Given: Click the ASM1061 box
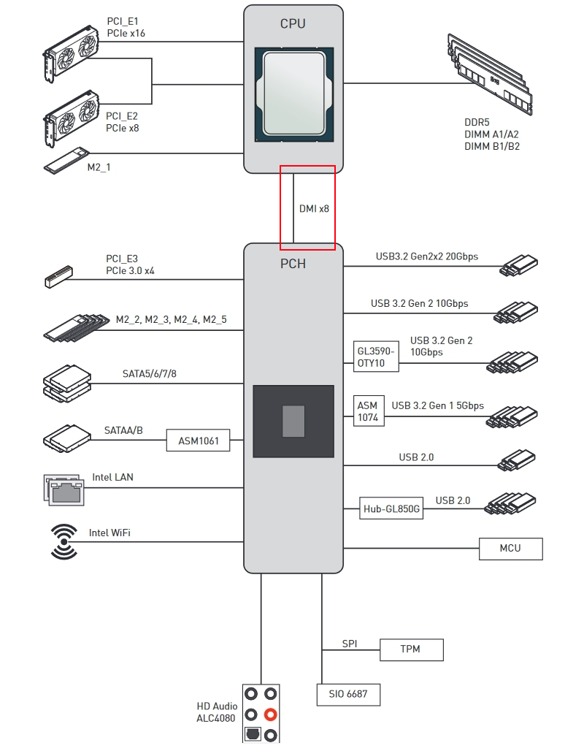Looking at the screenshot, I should (199, 441).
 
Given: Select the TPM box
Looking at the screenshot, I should (410, 649).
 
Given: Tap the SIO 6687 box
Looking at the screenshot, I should (348, 694).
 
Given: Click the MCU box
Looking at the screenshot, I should (510, 549).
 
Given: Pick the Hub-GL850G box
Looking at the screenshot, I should (392, 508).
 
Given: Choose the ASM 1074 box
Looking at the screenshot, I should (367, 412).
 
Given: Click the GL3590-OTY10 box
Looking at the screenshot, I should (377, 357).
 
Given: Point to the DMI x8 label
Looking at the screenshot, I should (314, 208).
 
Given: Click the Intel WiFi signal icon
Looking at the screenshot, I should (64, 542).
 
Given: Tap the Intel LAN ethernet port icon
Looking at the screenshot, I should (64, 489).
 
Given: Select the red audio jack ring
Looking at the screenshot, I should (271, 714).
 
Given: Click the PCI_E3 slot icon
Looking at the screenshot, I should (58, 275).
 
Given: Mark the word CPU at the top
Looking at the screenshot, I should (293, 23).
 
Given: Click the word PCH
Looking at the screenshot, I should (293, 264).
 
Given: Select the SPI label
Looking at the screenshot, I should (350, 644).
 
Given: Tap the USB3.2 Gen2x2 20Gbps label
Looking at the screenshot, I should (426, 256).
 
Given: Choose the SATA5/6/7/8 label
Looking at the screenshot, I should (149, 374).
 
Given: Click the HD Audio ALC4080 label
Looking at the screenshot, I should (217, 712).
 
